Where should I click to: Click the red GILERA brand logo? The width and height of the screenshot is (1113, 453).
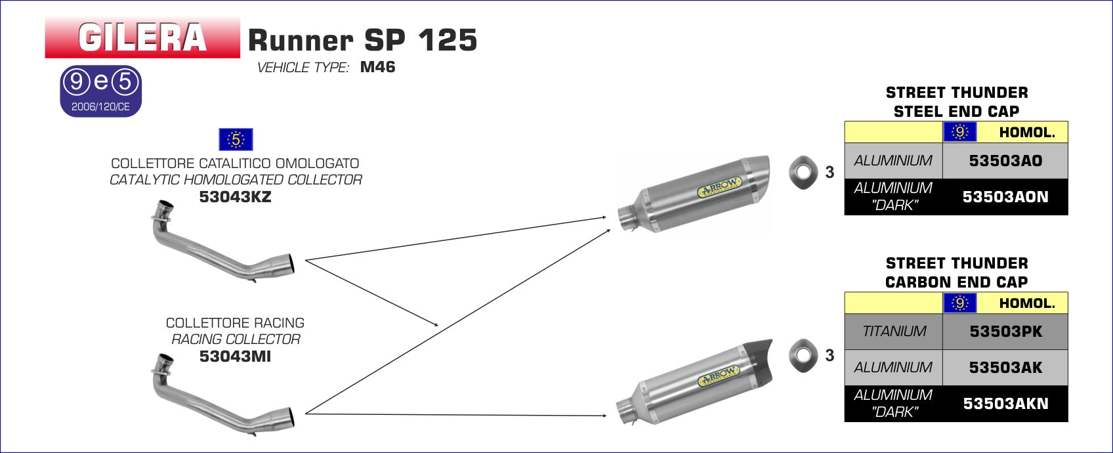click(142, 38)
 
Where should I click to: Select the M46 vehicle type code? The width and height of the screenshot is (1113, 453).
click(377, 67)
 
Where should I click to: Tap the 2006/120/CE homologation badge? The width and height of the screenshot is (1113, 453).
click(101, 91)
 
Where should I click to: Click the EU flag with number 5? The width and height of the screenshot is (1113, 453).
click(236, 139)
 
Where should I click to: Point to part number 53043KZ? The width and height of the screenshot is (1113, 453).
click(235, 197)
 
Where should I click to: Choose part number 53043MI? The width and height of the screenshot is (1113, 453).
click(235, 356)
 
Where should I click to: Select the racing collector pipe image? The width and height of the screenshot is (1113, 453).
click(222, 395)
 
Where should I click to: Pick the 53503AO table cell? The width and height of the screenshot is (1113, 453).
click(1005, 161)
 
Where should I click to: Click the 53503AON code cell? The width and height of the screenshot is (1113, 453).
click(1005, 197)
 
